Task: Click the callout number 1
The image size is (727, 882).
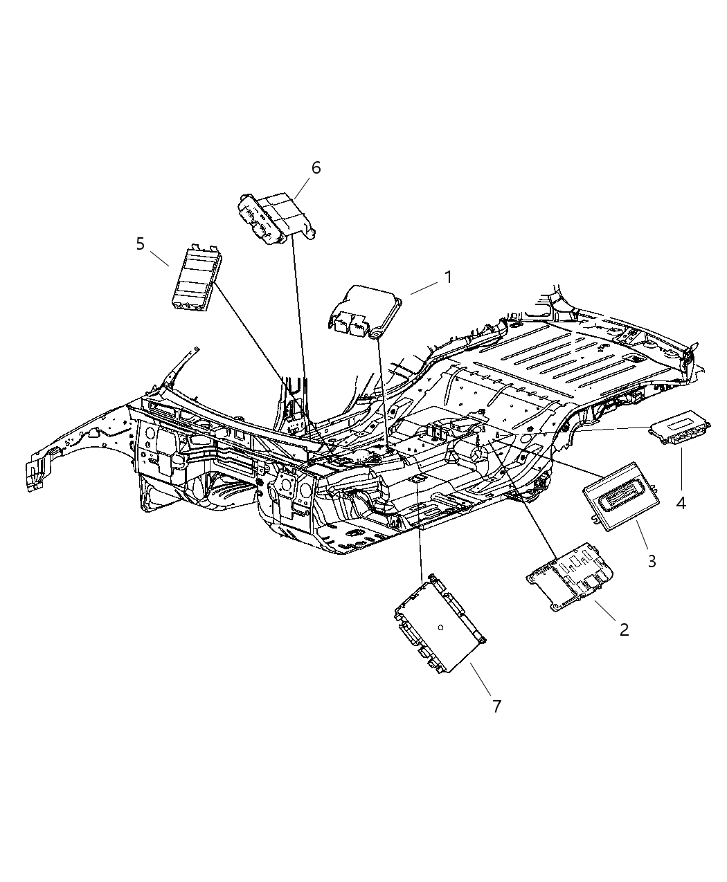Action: (448, 277)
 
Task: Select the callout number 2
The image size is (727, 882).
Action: (624, 629)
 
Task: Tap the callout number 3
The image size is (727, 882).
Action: (652, 560)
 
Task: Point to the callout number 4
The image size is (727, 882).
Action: (681, 503)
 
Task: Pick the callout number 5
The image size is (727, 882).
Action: (141, 244)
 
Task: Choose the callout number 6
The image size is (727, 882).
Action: (316, 168)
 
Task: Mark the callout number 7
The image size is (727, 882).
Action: (496, 706)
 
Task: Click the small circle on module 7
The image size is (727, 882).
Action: (441, 627)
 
